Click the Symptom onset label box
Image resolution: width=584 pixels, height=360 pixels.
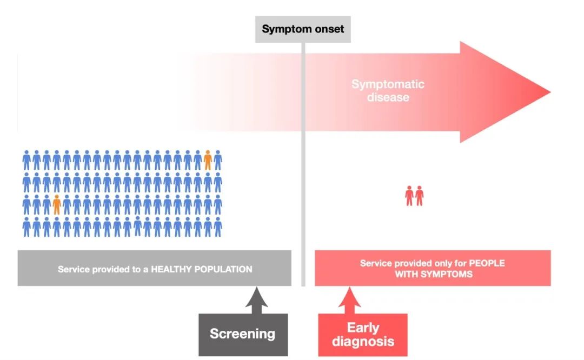303,29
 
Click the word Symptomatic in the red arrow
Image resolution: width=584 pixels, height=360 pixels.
388,84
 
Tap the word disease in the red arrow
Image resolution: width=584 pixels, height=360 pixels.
388,98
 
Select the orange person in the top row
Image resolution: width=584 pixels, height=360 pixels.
208,159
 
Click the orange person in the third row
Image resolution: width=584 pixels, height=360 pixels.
57,204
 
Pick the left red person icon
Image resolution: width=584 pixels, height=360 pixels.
409,195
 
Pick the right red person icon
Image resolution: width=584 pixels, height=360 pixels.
420,195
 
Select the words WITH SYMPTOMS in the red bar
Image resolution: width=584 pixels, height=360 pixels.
433,274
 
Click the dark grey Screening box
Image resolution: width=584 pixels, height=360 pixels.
243,334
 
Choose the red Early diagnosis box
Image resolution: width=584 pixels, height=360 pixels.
363,335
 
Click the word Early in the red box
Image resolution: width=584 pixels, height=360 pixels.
363,328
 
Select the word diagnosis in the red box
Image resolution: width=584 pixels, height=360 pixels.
363,341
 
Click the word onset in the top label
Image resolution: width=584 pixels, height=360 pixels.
327,29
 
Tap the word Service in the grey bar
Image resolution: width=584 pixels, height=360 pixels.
73,269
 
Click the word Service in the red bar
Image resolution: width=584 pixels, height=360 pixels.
375,263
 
